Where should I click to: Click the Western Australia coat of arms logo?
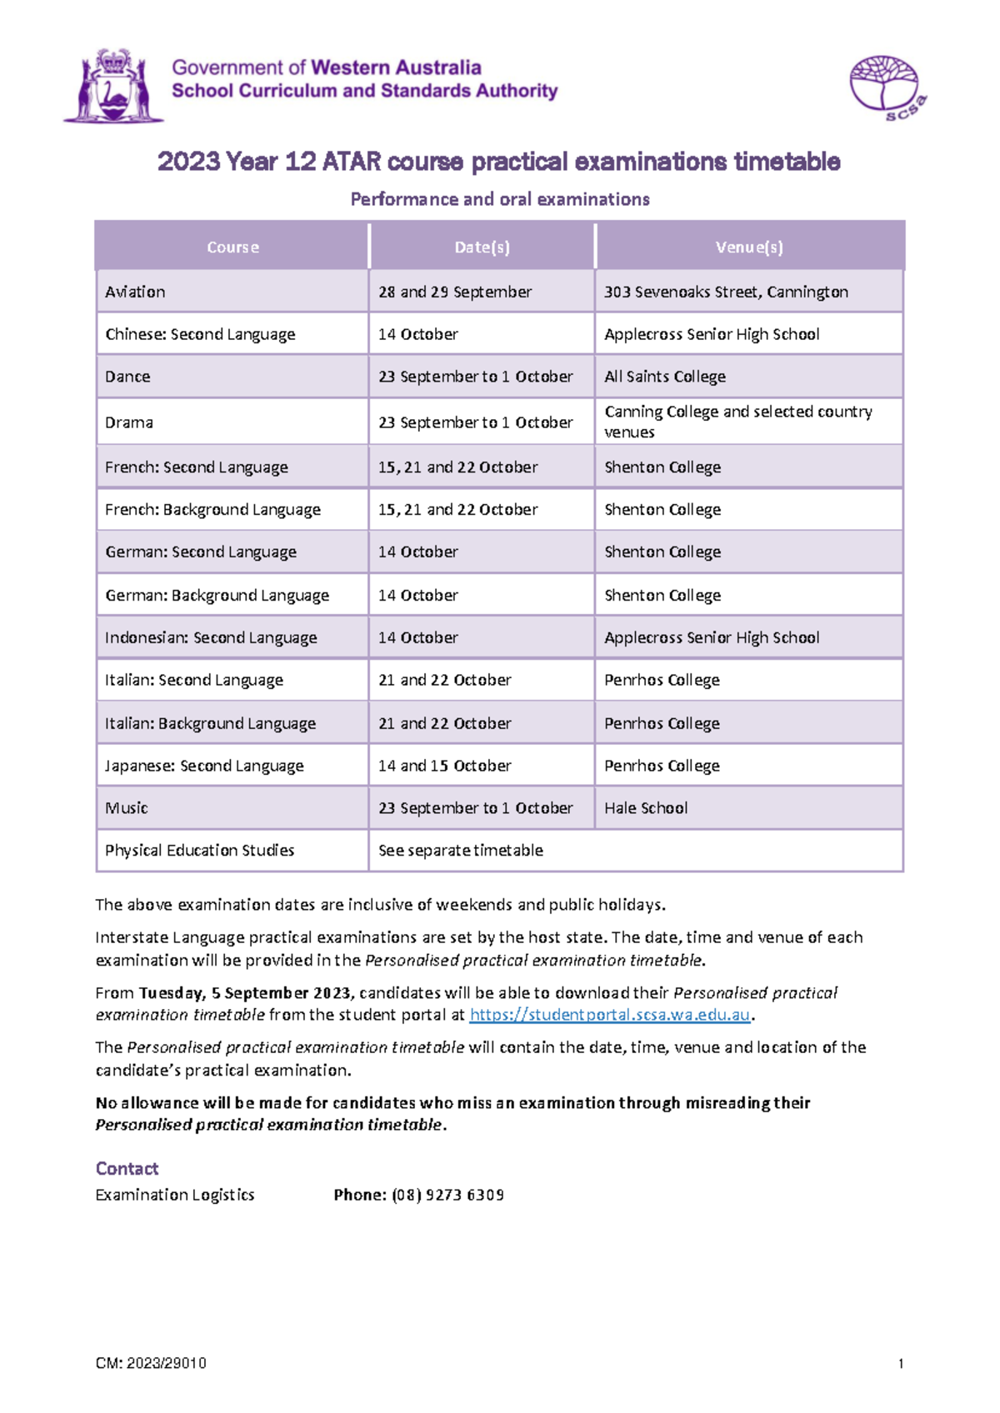click(x=112, y=86)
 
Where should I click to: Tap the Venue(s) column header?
click(x=748, y=247)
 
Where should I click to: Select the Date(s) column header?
click(x=482, y=247)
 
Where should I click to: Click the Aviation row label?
click(x=135, y=292)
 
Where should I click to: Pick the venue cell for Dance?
click(x=664, y=377)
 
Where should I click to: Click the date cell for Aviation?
click(x=454, y=292)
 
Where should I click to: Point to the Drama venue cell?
click(x=737, y=422)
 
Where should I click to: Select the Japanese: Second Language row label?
click(x=204, y=766)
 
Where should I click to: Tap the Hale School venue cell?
click(x=646, y=808)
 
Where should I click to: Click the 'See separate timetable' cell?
click(x=460, y=851)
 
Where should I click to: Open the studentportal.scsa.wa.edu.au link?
click(x=610, y=1015)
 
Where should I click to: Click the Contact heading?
click(x=127, y=1168)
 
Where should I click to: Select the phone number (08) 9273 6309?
click(x=447, y=1195)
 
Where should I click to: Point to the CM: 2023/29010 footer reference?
click(x=151, y=1364)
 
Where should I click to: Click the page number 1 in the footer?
click(x=901, y=1364)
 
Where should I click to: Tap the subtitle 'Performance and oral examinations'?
click(x=499, y=199)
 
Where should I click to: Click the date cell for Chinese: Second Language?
click(x=417, y=334)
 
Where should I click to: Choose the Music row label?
click(x=127, y=808)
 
